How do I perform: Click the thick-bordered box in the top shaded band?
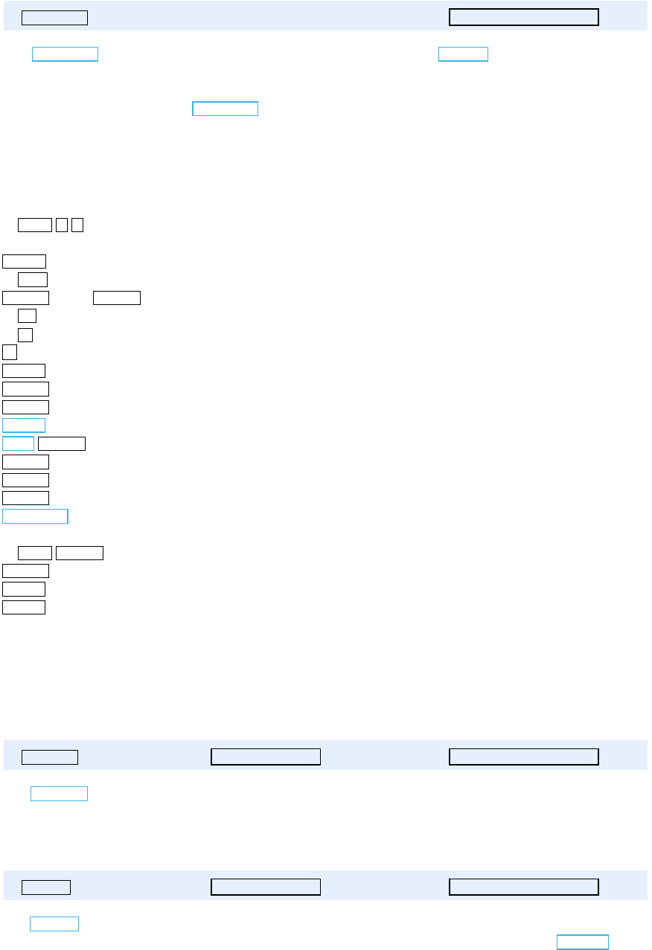tap(524, 17)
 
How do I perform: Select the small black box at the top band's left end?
tap(55, 18)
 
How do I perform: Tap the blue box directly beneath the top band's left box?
tap(65, 54)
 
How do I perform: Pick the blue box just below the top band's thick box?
tap(463, 54)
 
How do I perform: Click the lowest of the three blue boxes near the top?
tap(226, 109)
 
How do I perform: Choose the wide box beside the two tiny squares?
tap(35, 225)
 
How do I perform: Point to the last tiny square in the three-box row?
tap(77, 225)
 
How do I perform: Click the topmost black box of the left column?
tap(25, 260)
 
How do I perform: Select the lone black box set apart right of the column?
tap(117, 298)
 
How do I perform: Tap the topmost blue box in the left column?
tap(24, 426)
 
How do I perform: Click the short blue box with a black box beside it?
tap(19, 443)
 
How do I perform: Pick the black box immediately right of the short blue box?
tap(62, 444)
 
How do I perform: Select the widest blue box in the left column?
tap(36, 516)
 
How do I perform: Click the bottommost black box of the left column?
tap(24, 607)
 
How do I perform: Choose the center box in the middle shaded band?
tap(266, 757)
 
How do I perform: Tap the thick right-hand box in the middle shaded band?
tap(524, 757)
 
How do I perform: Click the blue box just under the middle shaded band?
tap(59, 793)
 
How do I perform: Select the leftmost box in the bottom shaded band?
tap(46, 887)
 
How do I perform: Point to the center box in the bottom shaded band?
tap(266, 887)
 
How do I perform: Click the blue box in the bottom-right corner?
tap(583, 942)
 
